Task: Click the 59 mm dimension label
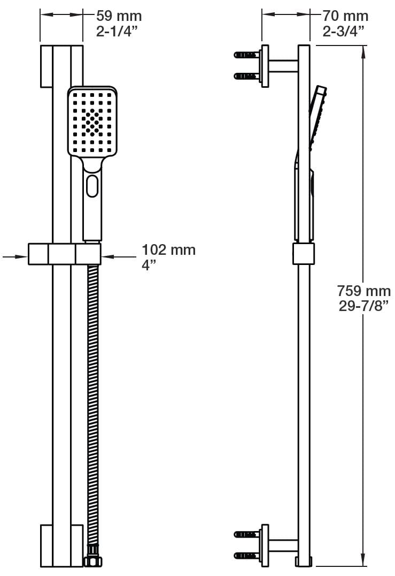(x=119, y=16)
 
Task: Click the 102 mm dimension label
(x=168, y=250)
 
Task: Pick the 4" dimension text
(x=148, y=265)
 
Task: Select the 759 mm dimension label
(x=363, y=291)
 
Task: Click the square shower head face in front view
(x=92, y=122)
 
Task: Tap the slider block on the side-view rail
(x=304, y=253)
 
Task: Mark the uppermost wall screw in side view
(x=246, y=54)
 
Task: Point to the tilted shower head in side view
(x=317, y=115)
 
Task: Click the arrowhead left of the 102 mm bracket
(x=24, y=257)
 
